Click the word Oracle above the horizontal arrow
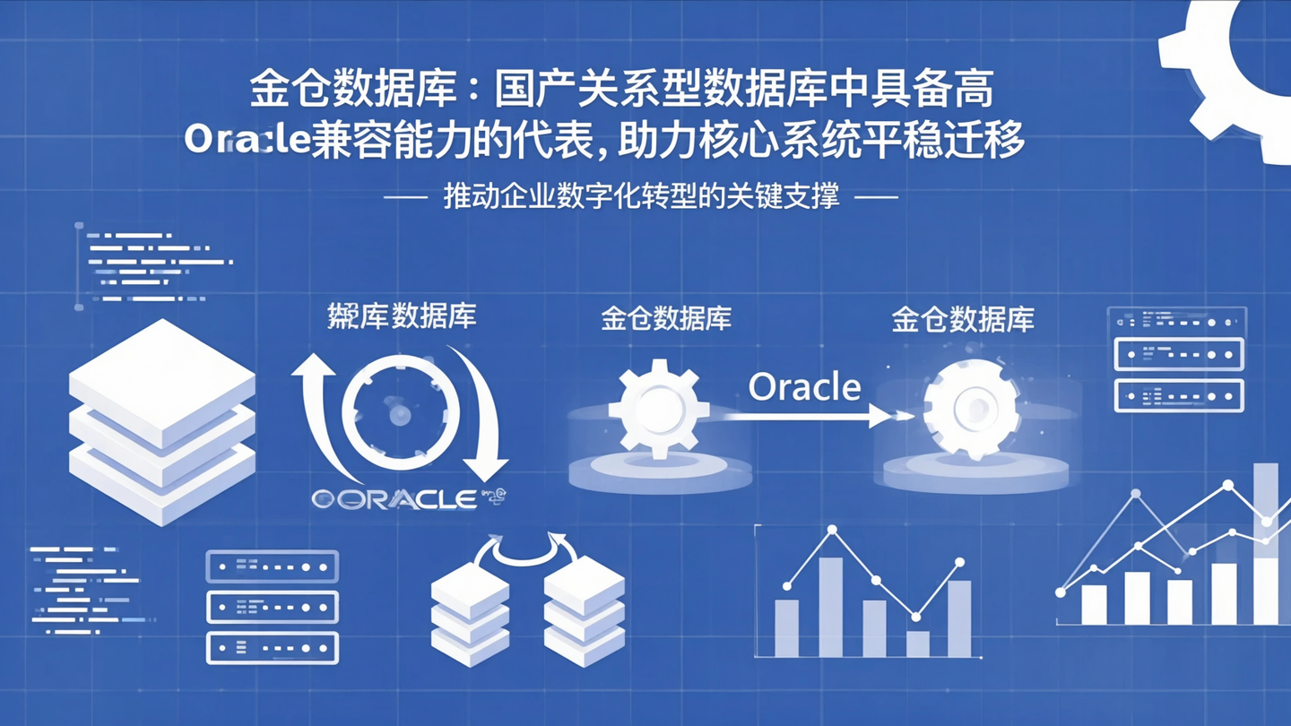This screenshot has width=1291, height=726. pos(804,387)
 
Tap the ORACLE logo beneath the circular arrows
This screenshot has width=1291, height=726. pos(394,499)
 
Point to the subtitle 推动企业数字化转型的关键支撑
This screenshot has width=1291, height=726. pos(642,196)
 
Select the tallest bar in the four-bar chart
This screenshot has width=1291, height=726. pos(831,607)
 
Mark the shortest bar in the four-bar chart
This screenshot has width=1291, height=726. pos(917,644)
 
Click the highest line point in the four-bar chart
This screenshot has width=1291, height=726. pos(832,531)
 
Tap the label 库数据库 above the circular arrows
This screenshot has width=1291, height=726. pos(402,316)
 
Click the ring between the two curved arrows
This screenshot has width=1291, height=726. pos(400,413)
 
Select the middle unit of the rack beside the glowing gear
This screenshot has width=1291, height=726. pos(1178,354)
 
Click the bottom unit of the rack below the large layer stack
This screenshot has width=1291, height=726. pos(273,647)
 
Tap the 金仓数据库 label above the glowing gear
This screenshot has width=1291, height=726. pos(963,319)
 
